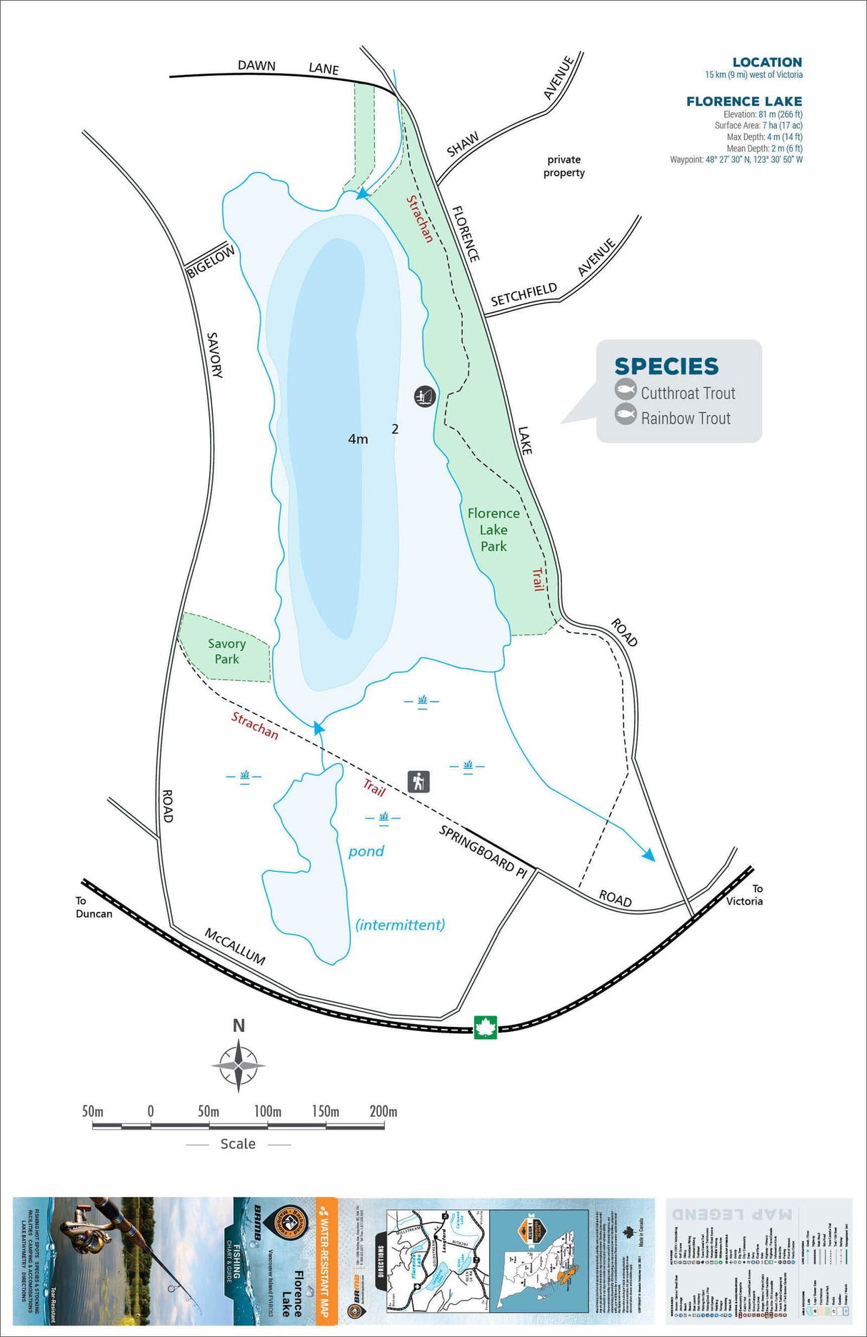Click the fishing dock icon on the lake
coord(425,396)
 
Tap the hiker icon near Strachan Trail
coord(419,782)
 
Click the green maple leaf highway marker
coord(486,1028)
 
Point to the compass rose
coord(239,1065)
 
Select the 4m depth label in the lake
coord(358,439)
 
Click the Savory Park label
coord(226,651)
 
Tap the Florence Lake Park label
coord(493,530)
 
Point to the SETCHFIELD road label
coord(523,294)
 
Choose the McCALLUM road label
coord(235,946)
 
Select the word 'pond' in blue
coord(366,851)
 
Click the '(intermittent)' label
coord(400,925)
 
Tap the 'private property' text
coord(564,166)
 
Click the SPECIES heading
coord(666,366)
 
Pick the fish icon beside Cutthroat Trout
coord(626,389)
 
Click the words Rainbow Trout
coord(686,418)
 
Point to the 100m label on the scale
coord(268,1111)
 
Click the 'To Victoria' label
coord(745,895)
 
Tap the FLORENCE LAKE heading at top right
coord(744,101)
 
